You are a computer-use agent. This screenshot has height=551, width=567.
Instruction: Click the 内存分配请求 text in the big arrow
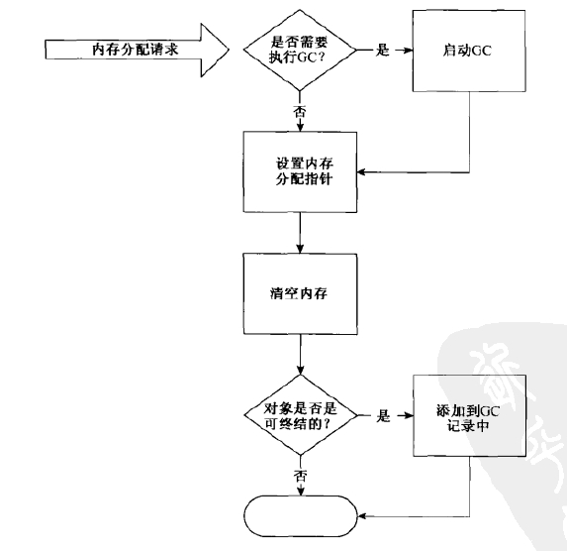135,50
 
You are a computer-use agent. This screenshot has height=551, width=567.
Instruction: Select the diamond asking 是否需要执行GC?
300,50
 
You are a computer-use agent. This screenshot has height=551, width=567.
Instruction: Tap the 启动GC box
469,51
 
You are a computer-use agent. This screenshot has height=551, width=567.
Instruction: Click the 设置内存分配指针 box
300,171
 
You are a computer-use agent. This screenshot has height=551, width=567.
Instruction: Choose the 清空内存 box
300,293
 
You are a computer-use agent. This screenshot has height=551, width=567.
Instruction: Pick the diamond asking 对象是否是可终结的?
301,415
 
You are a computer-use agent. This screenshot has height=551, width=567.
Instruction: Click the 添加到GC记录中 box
469,415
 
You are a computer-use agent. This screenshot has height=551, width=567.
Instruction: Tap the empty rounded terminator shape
301,516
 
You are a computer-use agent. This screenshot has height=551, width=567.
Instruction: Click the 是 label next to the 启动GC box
383,50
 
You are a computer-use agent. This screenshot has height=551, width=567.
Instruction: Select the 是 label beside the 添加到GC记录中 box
383,415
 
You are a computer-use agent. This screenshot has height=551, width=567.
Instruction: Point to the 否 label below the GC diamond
300,111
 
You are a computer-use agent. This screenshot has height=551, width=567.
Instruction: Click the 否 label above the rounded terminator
301,476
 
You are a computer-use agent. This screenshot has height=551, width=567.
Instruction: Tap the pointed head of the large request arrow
229,50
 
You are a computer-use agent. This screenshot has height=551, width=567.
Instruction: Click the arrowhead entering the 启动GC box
409,51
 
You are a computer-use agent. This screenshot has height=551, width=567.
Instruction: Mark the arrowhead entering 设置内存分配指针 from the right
361,172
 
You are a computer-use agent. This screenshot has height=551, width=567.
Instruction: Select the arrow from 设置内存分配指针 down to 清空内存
300,233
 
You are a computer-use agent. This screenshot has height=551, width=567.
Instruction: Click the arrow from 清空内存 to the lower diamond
300,355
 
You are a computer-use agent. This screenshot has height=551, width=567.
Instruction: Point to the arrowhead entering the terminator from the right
361,516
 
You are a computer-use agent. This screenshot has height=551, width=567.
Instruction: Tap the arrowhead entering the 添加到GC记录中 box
409,415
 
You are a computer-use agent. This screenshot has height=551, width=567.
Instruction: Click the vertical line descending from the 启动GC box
469,132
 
